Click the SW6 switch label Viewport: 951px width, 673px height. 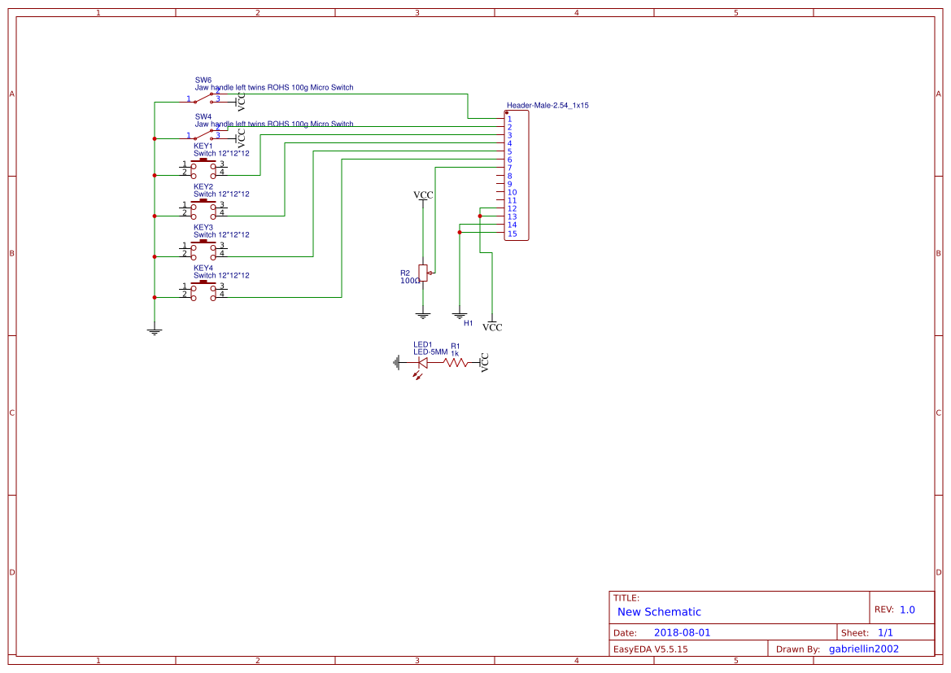point(203,80)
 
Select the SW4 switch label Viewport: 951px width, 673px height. point(203,116)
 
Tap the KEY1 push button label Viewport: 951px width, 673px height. point(203,146)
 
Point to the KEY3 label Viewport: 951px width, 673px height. point(203,227)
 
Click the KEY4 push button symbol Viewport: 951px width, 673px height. point(203,290)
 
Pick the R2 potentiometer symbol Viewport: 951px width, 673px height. point(423,273)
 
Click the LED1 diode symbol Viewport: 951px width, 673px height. point(422,363)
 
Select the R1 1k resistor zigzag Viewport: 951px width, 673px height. point(456,363)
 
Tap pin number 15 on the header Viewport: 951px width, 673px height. point(512,234)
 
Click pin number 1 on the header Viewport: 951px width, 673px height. point(509,119)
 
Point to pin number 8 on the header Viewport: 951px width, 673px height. point(509,176)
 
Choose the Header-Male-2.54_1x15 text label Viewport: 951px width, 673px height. point(547,106)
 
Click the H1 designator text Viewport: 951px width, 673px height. point(468,323)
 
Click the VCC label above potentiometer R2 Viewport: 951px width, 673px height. point(423,195)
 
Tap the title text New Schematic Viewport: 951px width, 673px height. point(659,612)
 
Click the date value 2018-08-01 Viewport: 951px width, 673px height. point(682,632)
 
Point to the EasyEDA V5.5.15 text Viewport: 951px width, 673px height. point(650,649)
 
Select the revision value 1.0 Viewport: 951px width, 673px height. point(907,610)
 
